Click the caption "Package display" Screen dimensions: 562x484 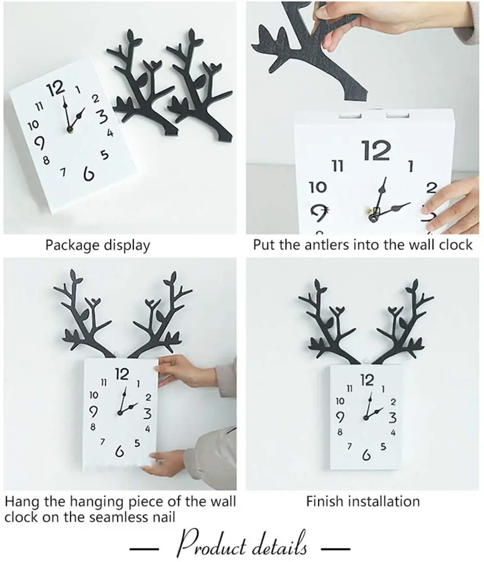[x=97, y=245]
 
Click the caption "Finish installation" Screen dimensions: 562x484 [x=363, y=501]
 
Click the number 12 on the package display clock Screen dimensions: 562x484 [x=56, y=89]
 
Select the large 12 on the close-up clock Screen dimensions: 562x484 [x=376, y=151]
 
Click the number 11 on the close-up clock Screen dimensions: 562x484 [x=338, y=166]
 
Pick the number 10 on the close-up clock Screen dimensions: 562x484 [x=318, y=187]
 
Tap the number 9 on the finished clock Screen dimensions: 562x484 [x=340, y=417]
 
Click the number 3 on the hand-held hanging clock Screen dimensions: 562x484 [x=147, y=413]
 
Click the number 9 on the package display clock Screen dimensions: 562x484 [x=39, y=142]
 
